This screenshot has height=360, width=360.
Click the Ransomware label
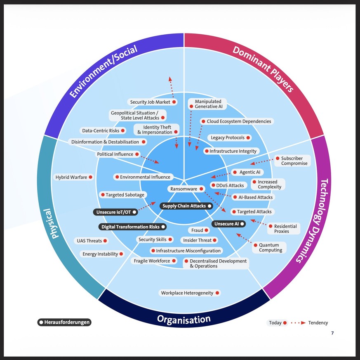(x=184, y=189)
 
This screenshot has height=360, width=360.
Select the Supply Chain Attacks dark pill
(x=184, y=206)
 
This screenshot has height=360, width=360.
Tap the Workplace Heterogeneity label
(x=187, y=293)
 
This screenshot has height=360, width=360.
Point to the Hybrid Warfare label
(x=71, y=177)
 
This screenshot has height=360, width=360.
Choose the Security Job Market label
(x=150, y=102)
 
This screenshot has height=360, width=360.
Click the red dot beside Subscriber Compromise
(x=278, y=159)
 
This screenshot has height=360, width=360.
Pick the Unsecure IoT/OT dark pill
(x=113, y=212)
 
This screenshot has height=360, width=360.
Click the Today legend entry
(x=275, y=323)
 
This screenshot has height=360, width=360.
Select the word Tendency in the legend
(x=318, y=323)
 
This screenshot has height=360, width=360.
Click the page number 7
(x=332, y=333)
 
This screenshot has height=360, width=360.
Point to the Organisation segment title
(x=184, y=319)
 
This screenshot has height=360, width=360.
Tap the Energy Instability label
(x=100, y=254)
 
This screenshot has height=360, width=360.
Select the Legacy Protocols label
(x=228, y=137)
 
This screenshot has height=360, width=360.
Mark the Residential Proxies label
(x=285, y=229)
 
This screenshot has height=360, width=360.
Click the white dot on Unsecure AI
(x=242, y=224)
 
